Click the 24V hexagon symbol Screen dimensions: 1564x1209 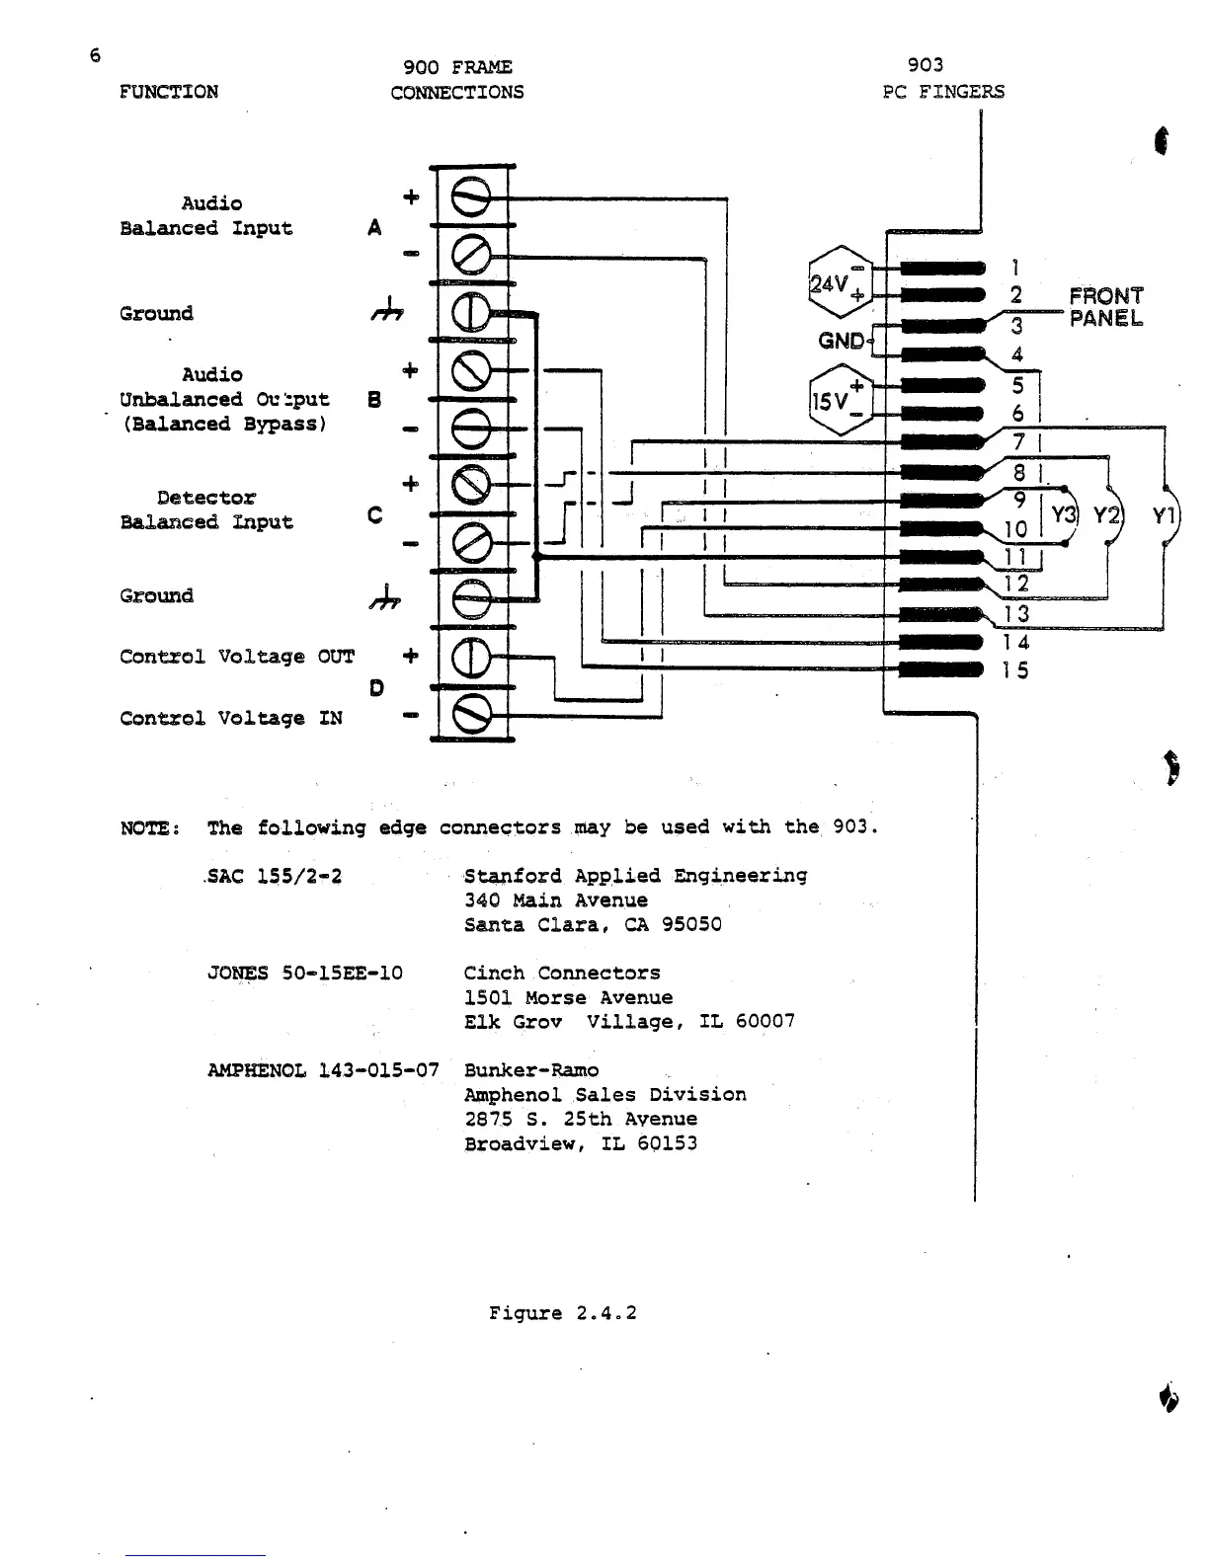[x=839, y=282]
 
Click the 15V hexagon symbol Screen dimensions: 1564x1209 [x=839, y=401]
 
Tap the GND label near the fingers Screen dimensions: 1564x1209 [x=842, y=342]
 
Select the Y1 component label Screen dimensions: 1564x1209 [x=1165, y=515]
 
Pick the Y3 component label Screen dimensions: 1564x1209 [x=1063, y=515]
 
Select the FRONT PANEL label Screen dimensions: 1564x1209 [x=1105, y=307]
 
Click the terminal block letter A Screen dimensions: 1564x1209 [x=374, y=228]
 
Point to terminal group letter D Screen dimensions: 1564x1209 [x=376, y=687]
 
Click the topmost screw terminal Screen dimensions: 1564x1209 [x=471, y=196]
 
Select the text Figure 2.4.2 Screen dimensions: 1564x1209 [x=563, y=1313]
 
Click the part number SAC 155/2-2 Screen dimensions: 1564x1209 [x=275, y=876]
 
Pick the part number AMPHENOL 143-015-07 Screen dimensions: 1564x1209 [x=323, y=1070]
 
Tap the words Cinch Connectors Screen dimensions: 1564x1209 [x=562, y=973]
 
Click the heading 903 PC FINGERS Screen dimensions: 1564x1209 [x=942, y=79]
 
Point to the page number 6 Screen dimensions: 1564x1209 [x=95, y=55]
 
